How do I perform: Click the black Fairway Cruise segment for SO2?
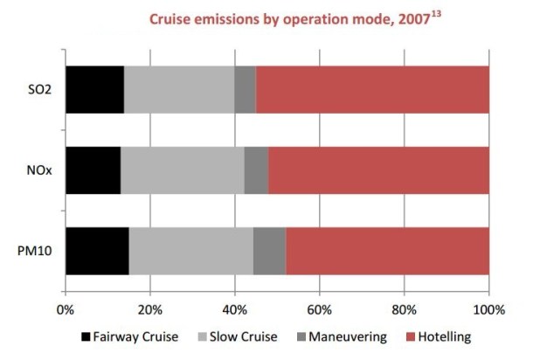click(x=94, y=89)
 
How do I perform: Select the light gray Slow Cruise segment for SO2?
click(x=179, y=89)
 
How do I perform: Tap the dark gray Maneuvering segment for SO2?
click(x=245, y=89)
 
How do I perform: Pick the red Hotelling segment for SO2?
click(x=372, y=89)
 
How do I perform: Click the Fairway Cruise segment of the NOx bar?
click(x=93, y=170)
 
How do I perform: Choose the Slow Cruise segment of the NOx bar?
click(x=182, y=170)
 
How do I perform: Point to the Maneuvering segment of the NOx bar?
click(x=256, y=170)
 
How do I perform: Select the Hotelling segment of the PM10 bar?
click(x=387, y=250)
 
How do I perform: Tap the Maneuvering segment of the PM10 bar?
click(x=269, y=250)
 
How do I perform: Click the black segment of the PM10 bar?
click(x=97, y=250)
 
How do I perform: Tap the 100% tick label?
click(x=488, y=308)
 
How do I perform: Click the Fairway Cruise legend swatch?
click(x=86, y=336)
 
